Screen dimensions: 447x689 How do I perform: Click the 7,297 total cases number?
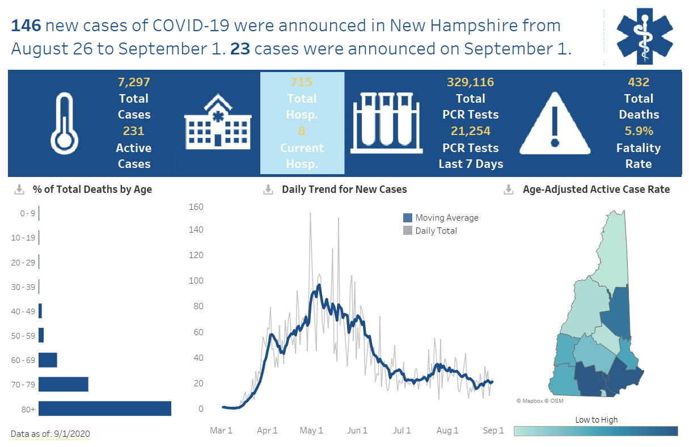click(x=134, y=82)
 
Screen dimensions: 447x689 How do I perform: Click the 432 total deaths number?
click(x=639, y=82)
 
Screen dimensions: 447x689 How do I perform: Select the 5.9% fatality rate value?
click(x=639, y=131)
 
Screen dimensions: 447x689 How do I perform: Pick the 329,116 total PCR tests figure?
click(x=471, y=82)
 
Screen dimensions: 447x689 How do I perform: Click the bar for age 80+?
click(x=105, y=408)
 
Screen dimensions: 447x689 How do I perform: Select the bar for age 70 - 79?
click(x=64, y=384)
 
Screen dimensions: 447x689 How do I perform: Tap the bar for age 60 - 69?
click(x=48, y=360)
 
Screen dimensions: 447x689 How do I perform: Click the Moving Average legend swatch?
click(x=408, y=218)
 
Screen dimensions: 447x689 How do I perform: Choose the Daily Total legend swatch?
click(x=408, y=230)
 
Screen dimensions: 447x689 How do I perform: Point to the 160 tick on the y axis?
click(x=196, y=206)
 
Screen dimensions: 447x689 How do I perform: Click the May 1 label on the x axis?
click(x=312, y=431)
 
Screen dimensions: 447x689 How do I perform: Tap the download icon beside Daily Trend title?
click(x=268, y=189)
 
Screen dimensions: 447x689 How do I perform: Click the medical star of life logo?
click(x=644, y=35)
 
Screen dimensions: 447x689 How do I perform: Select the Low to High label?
click(x=596, y=420)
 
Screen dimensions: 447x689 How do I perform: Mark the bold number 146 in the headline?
click(x=26, y=26)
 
